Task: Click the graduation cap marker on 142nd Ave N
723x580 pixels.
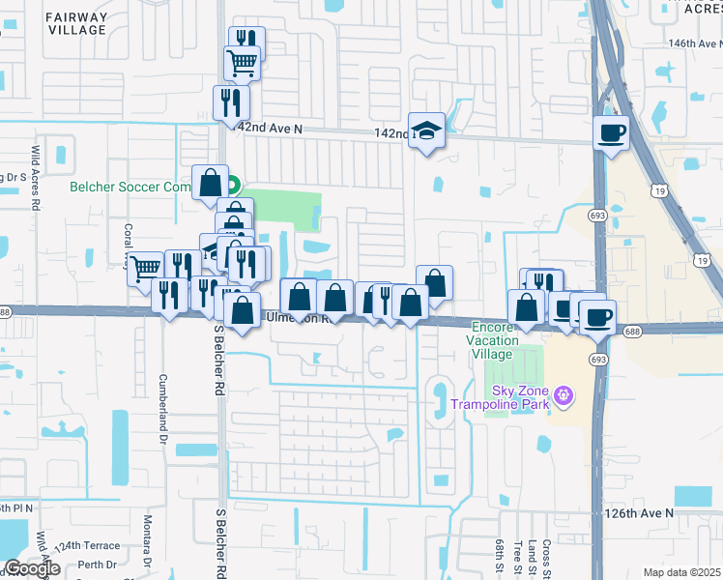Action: pos(426,130)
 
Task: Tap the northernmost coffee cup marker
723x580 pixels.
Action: pos(611,132)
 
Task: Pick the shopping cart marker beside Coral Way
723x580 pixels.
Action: pos(145,268)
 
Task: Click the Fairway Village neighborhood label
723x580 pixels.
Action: pos(76,22)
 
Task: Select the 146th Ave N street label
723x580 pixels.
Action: pos(694,44)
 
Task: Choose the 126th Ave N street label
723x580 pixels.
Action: pos(639,512)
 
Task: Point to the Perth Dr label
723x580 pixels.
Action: pos(98,565)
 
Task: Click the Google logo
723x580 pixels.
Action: pos(32,568)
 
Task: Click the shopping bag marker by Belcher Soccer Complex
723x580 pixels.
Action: pos(210,182)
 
